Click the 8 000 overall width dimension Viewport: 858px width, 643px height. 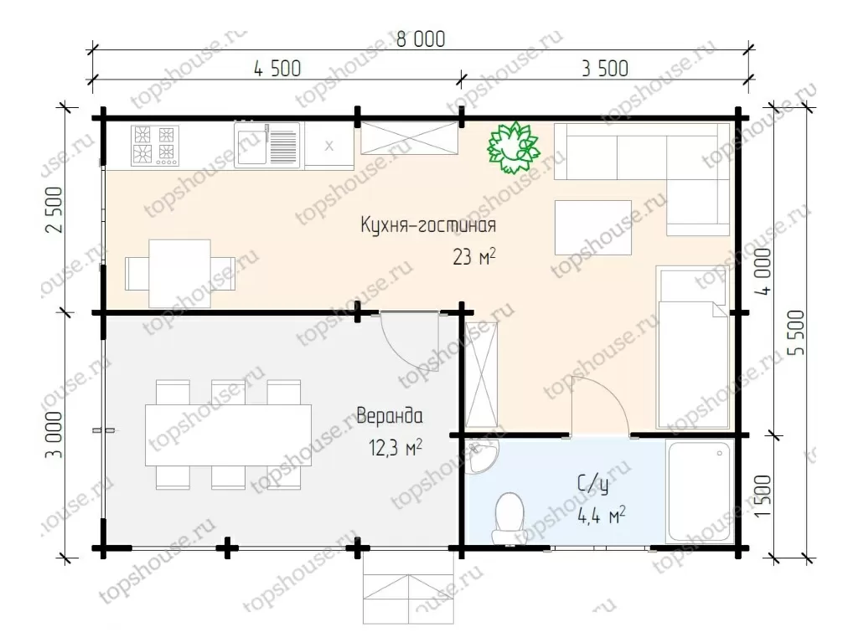(421, 39)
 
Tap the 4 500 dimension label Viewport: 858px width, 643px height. (277, 69)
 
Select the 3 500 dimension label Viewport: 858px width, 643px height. (605, 69)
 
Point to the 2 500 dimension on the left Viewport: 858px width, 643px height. (56, 210)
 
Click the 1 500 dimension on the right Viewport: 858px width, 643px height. (762, 496)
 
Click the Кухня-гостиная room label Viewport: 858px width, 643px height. (428, 225)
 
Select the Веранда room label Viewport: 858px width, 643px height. (390, 416)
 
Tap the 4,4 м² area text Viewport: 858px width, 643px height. (602, 515)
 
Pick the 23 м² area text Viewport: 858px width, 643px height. (474, 256)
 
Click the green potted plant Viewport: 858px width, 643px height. (514, 147)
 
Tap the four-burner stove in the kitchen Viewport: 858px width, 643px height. (155, 146)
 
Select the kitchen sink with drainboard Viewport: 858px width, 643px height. (267, 145)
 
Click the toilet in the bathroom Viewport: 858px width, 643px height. (509, 518)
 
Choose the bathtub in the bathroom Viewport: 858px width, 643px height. (700, 491)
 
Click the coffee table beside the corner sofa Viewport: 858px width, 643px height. (593, 228)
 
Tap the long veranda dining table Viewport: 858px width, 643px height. (228, 435)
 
